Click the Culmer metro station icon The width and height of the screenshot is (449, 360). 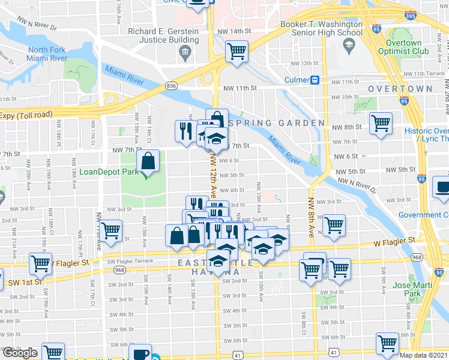[x=313, y=80]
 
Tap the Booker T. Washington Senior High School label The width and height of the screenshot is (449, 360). [x=321, y=29]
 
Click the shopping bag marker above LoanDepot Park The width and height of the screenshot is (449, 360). [x=148, y=161]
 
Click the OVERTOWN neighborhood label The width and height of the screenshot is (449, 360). [x=400, y=89]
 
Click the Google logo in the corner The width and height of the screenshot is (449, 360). [x=19, y=352]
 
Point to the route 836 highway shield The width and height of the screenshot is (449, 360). [x=171, y=86]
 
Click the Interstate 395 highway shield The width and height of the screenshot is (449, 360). [x=411, y=16]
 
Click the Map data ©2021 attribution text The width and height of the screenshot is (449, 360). [x=423, y=355]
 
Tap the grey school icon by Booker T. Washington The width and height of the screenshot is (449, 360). [x=348, y=45]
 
